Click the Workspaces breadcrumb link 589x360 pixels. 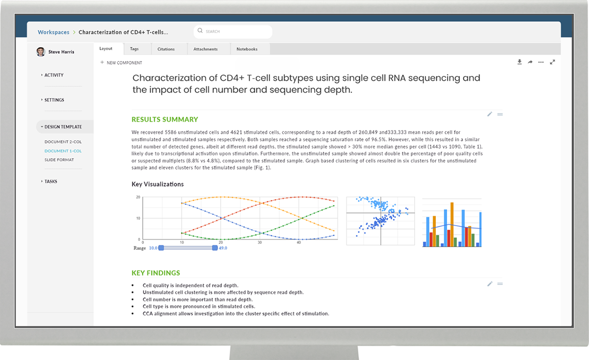click(x=54, y=32)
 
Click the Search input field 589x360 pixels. click(x=233, y=31)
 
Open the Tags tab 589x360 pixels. click(x=134, y=49)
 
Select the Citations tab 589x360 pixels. click(x=166, y=49)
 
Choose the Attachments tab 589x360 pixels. click(x=205, y=49)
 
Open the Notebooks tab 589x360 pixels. click(x=247, y=49)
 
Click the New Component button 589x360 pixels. click(x=121, y=63)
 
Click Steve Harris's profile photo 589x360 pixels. click(x=41, y=52)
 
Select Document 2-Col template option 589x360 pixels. click(x=63, y=142)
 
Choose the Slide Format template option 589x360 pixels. click(x=59, y=160)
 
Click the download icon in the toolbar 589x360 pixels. click(x=519, y=62)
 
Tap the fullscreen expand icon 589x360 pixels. click(x=553, y=62)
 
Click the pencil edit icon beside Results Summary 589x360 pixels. click(x=490, y=114)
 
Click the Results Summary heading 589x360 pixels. click(x=165, y=120)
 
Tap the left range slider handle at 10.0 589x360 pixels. click(x=161, y=248)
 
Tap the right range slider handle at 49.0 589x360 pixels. click(x=215, y=248)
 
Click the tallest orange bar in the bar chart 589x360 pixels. click(x=452, y=225)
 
